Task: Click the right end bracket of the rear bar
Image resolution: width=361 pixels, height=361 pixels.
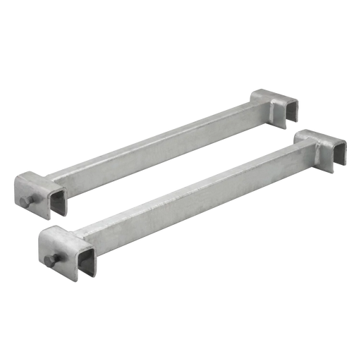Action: pos(278,106)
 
